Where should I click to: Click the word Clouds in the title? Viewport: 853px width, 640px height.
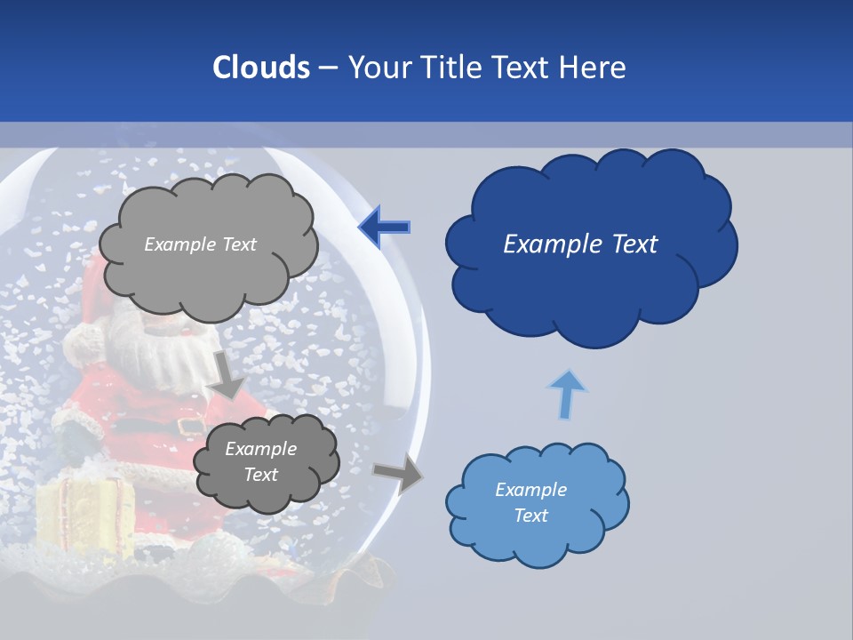coord(261,68)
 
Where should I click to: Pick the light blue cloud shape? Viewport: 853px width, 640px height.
coord(537,533)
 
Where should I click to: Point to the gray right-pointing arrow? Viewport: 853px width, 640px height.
coord(399,473)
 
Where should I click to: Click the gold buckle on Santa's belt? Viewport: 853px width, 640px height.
coord(188,427)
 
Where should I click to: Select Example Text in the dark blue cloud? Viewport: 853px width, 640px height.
coord(580,244)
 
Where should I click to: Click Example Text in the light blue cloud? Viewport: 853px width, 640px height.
coord(530,502)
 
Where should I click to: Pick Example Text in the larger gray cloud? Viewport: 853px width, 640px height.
coord(200,244)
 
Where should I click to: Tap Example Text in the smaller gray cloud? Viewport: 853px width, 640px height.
coord(260,461)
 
